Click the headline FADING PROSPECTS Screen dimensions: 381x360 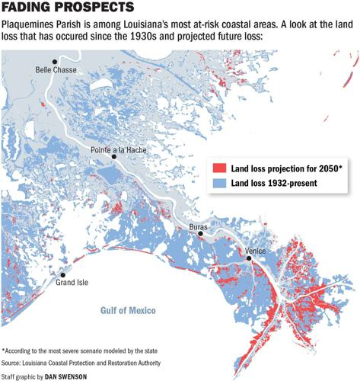coord(68,9)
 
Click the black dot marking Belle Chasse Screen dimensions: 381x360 coord(54,61)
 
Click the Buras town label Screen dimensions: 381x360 coord(200,226)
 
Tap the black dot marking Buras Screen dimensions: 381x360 coord(201,235)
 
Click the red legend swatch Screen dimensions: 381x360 coord(217,168)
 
